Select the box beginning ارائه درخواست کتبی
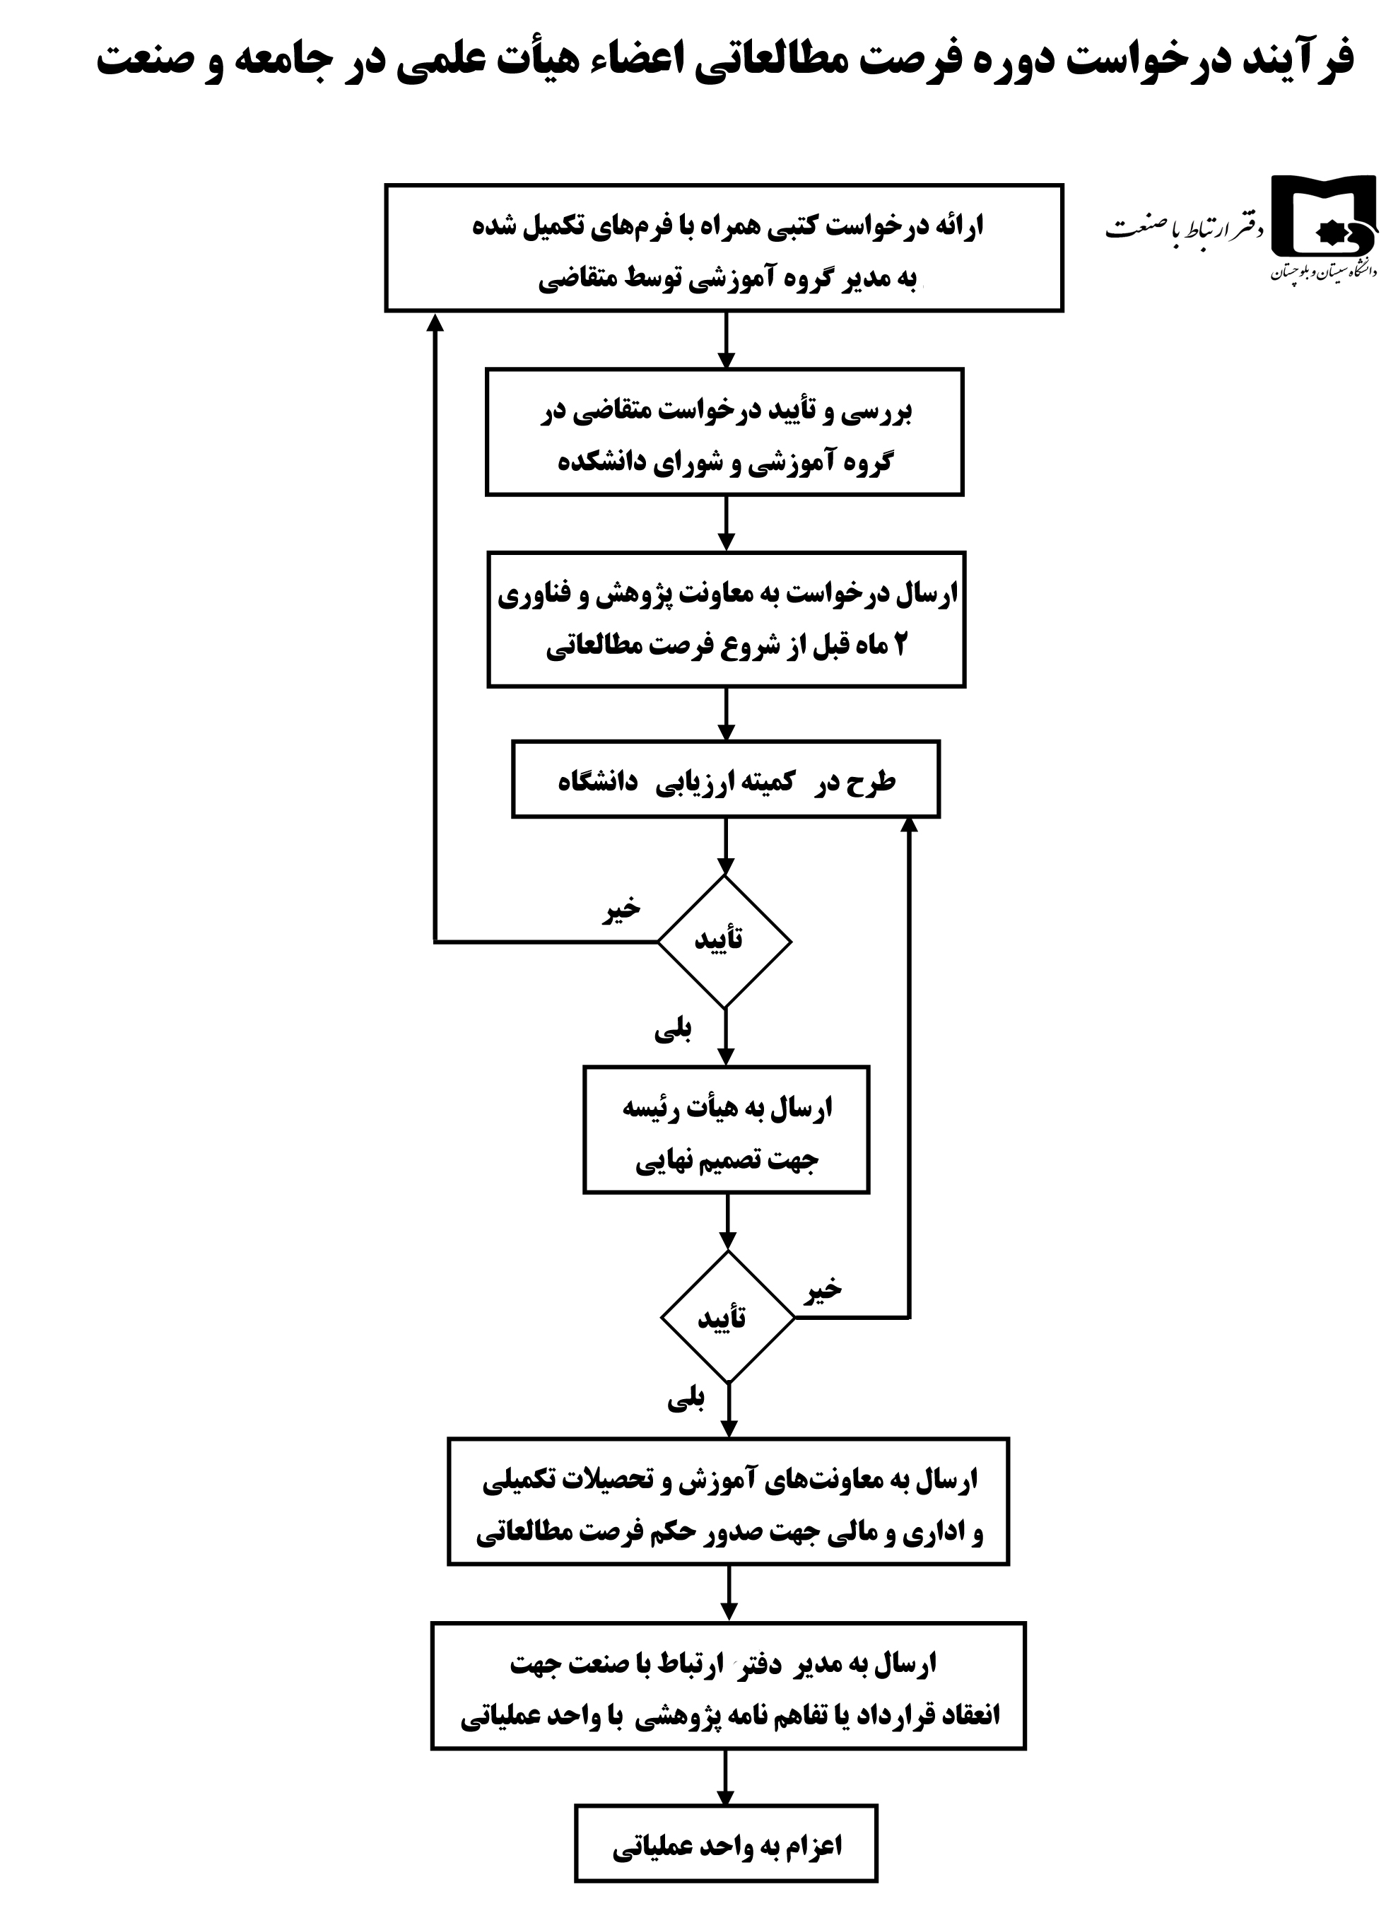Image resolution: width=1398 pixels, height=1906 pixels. click(724, 248)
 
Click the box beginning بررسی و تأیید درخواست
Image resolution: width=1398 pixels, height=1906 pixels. click(724, 432)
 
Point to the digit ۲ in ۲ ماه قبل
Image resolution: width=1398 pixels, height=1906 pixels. click(899, 645)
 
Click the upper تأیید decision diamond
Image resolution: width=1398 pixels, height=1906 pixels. click(724, 941)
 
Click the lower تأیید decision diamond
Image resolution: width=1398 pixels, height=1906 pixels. click(727, 1317)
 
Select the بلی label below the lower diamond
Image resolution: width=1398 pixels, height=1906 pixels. click(686, 1401)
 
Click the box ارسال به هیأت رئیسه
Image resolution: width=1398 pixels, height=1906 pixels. click(726, 1130)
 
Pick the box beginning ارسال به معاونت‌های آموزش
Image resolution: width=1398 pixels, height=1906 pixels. click(728, 1502)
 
